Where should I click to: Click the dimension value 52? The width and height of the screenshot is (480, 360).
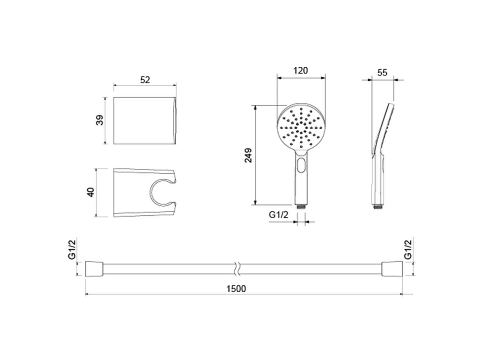click(x=145, y=80)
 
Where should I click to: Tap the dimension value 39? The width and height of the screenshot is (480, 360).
click(x=100, y=120)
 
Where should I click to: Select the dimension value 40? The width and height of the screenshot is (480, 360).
click(x=91, y=192)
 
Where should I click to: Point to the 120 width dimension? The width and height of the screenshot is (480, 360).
click(x=300, y=71)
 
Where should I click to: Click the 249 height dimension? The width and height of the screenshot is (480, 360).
click(x=248, y=155)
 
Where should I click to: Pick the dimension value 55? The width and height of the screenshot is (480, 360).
click(x=382, y=73)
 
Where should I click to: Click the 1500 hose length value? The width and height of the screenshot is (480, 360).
click(x=236, y=288)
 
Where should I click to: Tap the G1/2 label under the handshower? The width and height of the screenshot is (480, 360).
click(x=279, y=214)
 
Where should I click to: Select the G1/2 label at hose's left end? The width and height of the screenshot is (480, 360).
click(x=72, y=250)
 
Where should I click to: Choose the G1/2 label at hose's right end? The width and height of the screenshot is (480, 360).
click(x=408, y=250)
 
